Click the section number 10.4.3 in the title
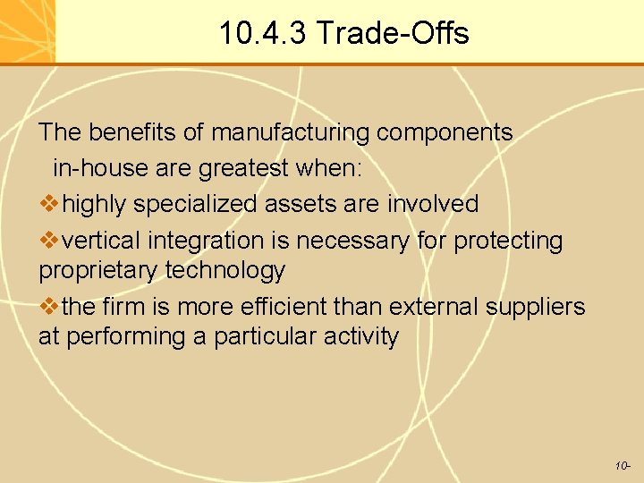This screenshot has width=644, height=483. pos(263,34)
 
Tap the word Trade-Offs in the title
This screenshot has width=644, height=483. pos(393,34)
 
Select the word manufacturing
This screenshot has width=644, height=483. pos(291,133)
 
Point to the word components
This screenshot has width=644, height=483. pos(445,133)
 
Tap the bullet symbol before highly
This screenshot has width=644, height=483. pos(50,204)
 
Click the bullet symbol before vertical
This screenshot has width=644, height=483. pos(50,241)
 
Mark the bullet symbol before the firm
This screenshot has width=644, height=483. pos(50,307)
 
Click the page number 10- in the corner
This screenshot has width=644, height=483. pos(623,466)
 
